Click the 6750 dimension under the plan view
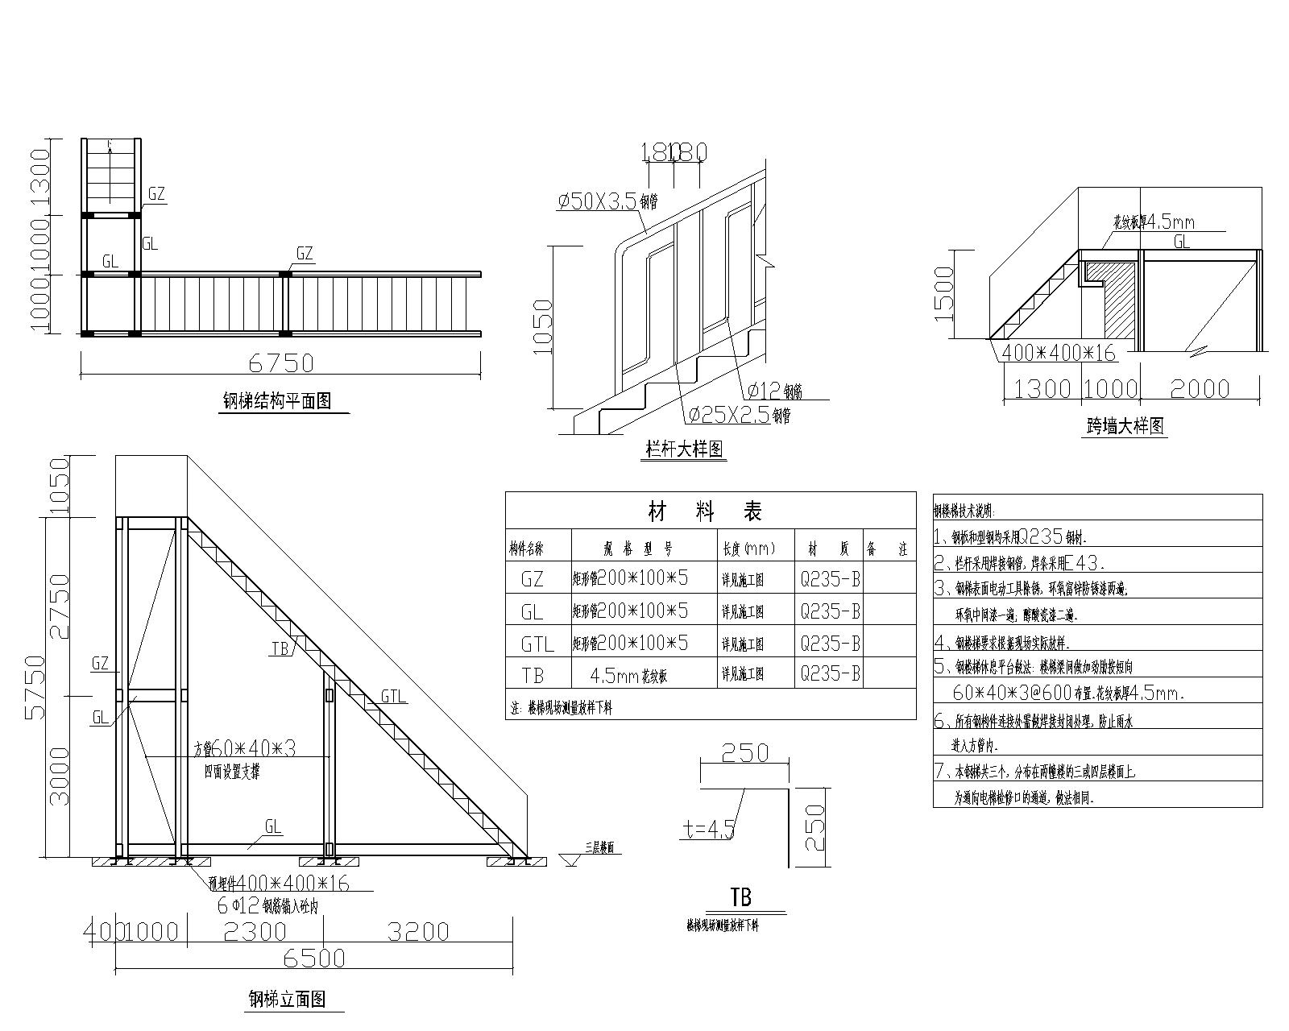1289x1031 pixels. tap(280, 363)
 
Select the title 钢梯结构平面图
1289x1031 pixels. tap(277, 401)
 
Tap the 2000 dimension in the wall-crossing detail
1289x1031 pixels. tap(1200, 389)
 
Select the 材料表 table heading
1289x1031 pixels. tap(706, 511)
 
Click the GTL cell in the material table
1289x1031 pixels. tap(537, 644)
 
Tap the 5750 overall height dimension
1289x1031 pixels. tap(35, 686)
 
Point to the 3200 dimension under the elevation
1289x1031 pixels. tap(417, 931)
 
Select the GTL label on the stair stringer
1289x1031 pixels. tap(393, 696)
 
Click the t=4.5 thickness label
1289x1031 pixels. tap(707, 830)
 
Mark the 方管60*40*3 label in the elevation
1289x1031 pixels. tap(245, 749)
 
